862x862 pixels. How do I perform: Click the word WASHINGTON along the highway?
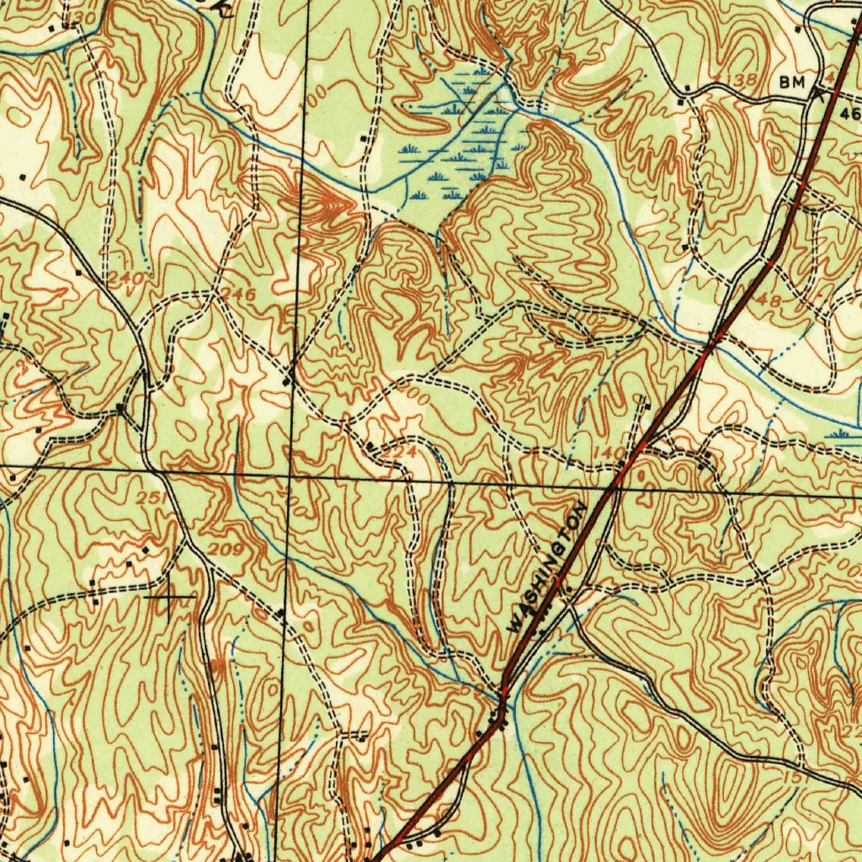point(547,568)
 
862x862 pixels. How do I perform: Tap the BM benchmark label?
point(792,82)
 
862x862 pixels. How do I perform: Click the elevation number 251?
point(151,500)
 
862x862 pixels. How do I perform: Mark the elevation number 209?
point(226,551)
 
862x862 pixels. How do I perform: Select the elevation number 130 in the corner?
point(83,18)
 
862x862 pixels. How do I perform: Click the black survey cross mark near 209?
point(170,597)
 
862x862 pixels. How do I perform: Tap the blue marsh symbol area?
point(459,143)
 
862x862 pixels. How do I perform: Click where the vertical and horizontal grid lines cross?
point(289,476)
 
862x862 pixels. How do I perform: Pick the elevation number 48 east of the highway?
point(769,300)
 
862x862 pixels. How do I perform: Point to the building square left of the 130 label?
point(65,27)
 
